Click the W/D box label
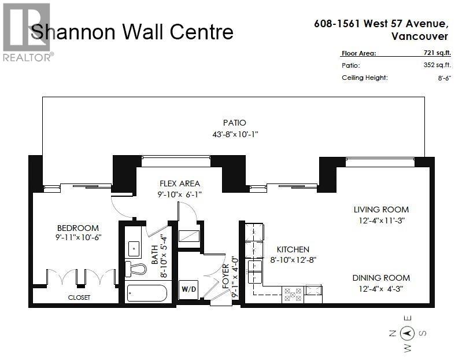click(x=188, y=288)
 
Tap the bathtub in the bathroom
click(x=146, y=293)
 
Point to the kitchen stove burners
click(x=293, y=295)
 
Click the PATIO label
click(x=235, y=123)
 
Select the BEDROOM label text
click(x=77, y=228)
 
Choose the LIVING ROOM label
click(x=381, y=210)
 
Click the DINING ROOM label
click(x=381, y=278)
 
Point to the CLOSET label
click(x=79, y=297)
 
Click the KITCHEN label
click(x=292, y=249)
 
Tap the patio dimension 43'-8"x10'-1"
click(x=235, y=134)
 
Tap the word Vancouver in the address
click(x=419, y=36)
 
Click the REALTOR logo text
click(x=28, y=57)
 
